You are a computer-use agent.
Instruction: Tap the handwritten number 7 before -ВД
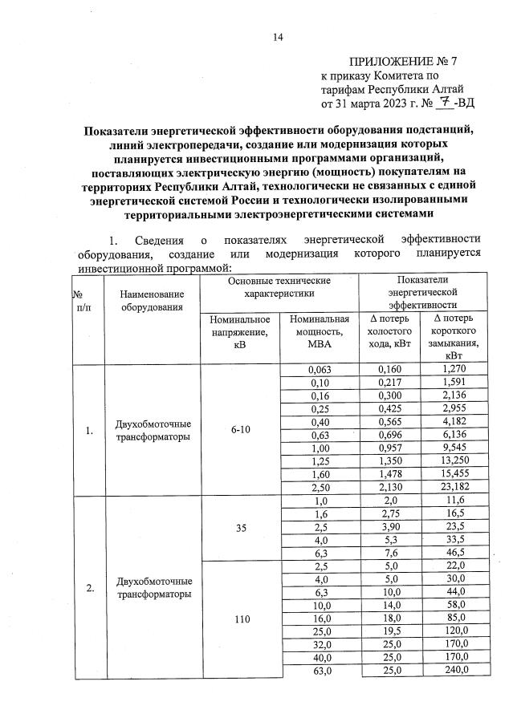tap(438, 103)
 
